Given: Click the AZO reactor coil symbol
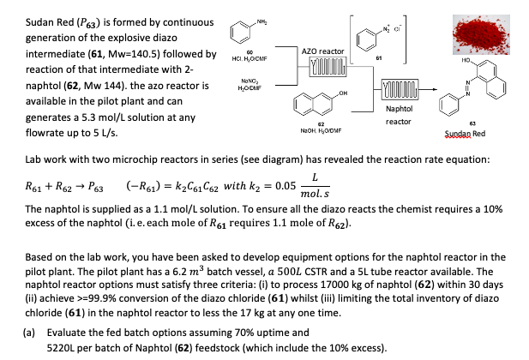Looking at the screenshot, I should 322,68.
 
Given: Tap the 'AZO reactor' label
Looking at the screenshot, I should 321,52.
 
